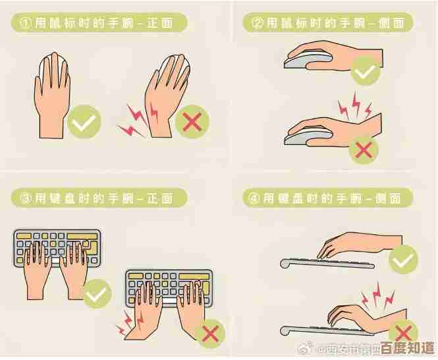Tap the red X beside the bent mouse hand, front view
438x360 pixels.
193,121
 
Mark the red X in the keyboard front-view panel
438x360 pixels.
211,334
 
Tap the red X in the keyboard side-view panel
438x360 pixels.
403,331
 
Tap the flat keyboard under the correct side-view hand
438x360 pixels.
329,263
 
